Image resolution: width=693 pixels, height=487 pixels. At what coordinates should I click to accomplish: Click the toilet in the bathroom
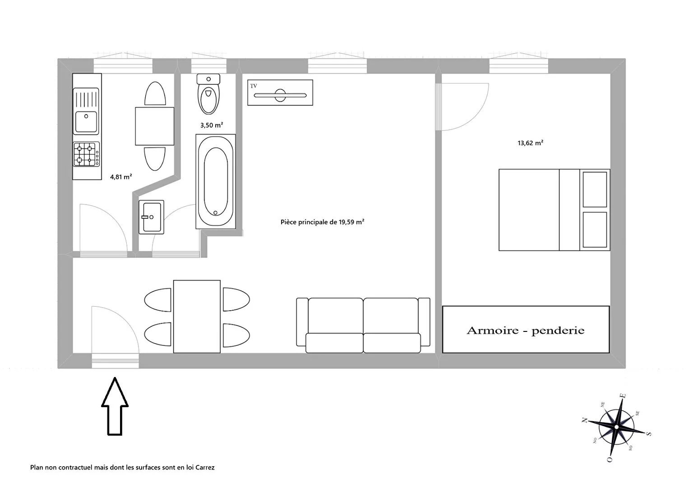point(208,94)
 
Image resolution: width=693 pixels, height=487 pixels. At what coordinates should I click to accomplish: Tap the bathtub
point(216,182)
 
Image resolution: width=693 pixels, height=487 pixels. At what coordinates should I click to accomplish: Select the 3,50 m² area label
point(212,125)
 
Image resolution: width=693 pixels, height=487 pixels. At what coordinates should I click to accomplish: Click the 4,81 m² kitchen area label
point(121,177)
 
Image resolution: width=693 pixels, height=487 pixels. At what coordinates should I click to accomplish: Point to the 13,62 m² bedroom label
point(531,143)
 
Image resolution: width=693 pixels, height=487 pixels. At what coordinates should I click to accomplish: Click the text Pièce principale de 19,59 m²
point(323,222)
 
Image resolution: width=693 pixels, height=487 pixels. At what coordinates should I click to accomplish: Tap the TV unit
point(280,92)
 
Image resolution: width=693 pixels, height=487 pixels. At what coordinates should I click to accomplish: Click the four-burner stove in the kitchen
point(86,154)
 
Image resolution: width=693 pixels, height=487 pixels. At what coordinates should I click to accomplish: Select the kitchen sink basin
point(86,121)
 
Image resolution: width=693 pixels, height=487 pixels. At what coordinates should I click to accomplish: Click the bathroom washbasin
point(151,217)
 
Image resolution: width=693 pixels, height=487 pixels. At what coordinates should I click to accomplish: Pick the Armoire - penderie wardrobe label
point(526,331)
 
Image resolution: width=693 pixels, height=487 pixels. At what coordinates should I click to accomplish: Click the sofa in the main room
point(363,325)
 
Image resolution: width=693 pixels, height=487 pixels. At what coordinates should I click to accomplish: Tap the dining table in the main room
point(197,316)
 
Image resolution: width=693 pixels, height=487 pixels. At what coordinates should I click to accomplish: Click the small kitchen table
point(155,126)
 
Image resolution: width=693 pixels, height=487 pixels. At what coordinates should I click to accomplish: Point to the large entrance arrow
point(115,406)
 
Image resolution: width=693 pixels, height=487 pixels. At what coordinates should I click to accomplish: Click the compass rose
point(616,427)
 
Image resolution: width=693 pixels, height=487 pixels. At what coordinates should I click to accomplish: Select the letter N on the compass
point(584,420)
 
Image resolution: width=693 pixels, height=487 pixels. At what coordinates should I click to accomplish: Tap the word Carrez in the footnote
point(204,468)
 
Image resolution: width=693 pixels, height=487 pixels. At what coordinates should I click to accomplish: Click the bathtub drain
point(215,213)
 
